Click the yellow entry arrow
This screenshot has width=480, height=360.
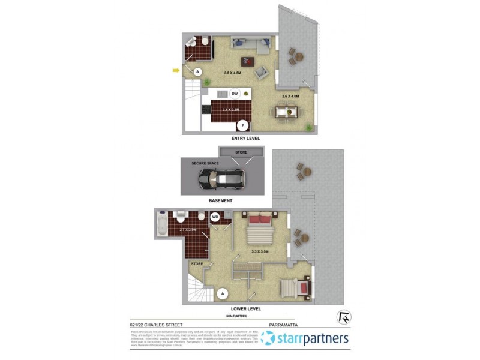coord(176,70)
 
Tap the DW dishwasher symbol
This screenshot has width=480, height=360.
coord(235,94)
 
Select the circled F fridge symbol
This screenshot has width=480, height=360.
coord(243,125)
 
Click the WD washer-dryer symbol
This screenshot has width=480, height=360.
coord(215,217)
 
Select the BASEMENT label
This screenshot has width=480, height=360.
coord(221,200)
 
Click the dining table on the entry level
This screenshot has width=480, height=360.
coord(286,112)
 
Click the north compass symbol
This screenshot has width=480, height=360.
coord(345,316)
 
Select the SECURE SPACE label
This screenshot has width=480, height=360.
coord(205,163)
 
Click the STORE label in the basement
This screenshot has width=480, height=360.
coord(241,152)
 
